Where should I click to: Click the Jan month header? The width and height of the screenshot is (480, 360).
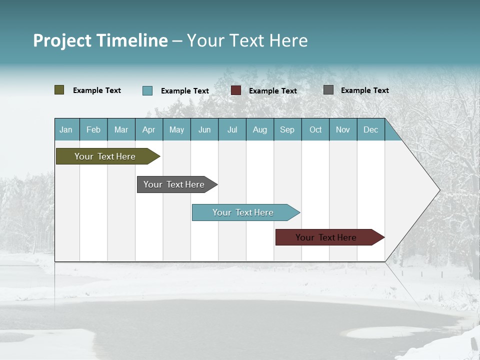coord(66,129)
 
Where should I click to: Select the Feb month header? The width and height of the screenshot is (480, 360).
coord(93,129)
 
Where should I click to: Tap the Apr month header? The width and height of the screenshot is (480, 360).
coord(149,129)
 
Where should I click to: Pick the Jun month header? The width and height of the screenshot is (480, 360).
coord(204,129)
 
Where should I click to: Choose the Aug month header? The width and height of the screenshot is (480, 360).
coord(260,129)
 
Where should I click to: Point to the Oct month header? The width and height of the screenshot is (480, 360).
coord(315,129)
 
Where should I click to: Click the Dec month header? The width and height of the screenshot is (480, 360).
coord(371,129)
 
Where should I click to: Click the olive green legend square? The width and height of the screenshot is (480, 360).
coord(59,90)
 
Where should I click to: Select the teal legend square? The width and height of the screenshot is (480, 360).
coord(147,90)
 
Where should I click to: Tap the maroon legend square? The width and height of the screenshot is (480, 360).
coord(236,90)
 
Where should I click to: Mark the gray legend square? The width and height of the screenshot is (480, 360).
coord(328,90)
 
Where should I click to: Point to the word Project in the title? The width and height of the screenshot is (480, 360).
coord(62,40)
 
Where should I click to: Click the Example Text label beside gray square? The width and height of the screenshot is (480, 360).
coord(364,90)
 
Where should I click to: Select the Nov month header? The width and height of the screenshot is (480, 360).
coord(343,129)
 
